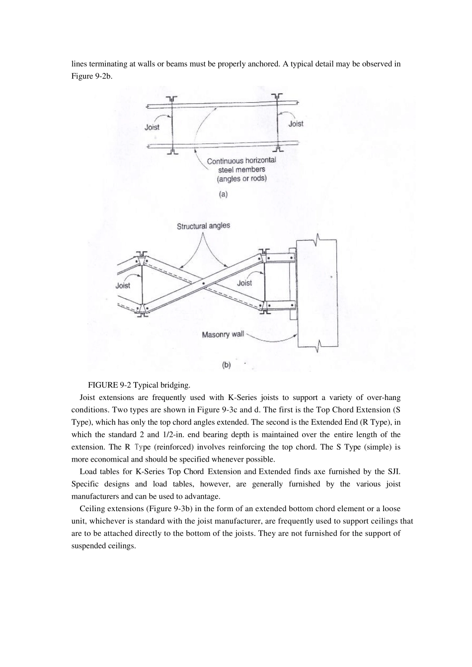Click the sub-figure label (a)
(223, 195)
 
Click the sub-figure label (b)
(226, 365)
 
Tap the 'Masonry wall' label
(223, 334)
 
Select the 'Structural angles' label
(203, 226)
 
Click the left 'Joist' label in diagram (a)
(152, 127)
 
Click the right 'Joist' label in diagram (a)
(296, 124)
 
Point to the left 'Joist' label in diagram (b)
(123, 285)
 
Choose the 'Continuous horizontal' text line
(241, 161)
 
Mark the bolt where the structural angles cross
(204, 284)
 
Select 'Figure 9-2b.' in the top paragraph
(91, 76)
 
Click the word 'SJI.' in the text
(393, 471)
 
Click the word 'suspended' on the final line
(88, 546)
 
